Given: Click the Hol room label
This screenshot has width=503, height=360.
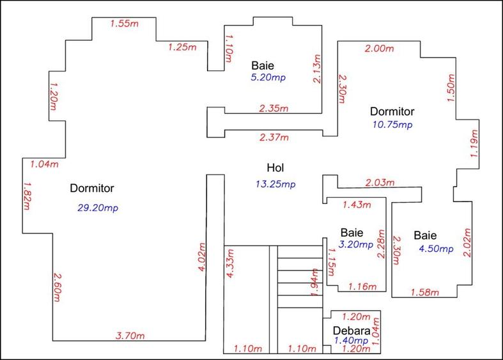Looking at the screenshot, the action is click(x=275, y=168).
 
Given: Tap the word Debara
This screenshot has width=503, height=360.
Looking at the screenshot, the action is click(x=352, y=331).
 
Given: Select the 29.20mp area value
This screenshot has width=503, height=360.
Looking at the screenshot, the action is click(x=98, y=208).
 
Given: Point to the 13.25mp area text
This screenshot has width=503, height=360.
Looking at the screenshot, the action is click(x=275, y=184).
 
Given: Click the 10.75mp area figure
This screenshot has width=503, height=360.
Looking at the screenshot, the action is click(x=392, y=125).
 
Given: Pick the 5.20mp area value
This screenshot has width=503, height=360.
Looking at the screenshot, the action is click(x=268, y=77).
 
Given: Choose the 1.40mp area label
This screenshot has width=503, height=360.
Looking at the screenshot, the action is click(x=352, y=340).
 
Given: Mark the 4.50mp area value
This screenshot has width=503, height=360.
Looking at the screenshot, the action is click(x=437, y=249).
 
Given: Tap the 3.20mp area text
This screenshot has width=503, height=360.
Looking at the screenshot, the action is click(x=356, y=244).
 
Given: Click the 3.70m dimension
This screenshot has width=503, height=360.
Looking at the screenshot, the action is click(x=130, y=336).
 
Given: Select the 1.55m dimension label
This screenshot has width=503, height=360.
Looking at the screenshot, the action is click(x=125, y=24).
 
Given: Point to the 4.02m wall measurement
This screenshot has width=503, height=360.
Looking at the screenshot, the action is click(x=201, y=257).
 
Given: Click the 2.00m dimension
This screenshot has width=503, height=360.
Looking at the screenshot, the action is click(x=379, y=49).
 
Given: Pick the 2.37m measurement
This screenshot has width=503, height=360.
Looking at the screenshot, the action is click(x=274, y=137).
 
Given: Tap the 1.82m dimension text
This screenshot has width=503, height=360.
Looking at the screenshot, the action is click(x=27, y=196).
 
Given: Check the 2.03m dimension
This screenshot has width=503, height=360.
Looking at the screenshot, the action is click(x=380, y=183).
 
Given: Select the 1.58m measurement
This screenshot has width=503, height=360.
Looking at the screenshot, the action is click(x=425, y=292).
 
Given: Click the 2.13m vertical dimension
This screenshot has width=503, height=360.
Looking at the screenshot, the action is click(x=317, y=68).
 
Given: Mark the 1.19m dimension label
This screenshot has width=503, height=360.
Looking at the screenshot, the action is click(x=474, y=143).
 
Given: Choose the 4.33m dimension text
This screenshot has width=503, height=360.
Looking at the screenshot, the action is click(x=229, y=263).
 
